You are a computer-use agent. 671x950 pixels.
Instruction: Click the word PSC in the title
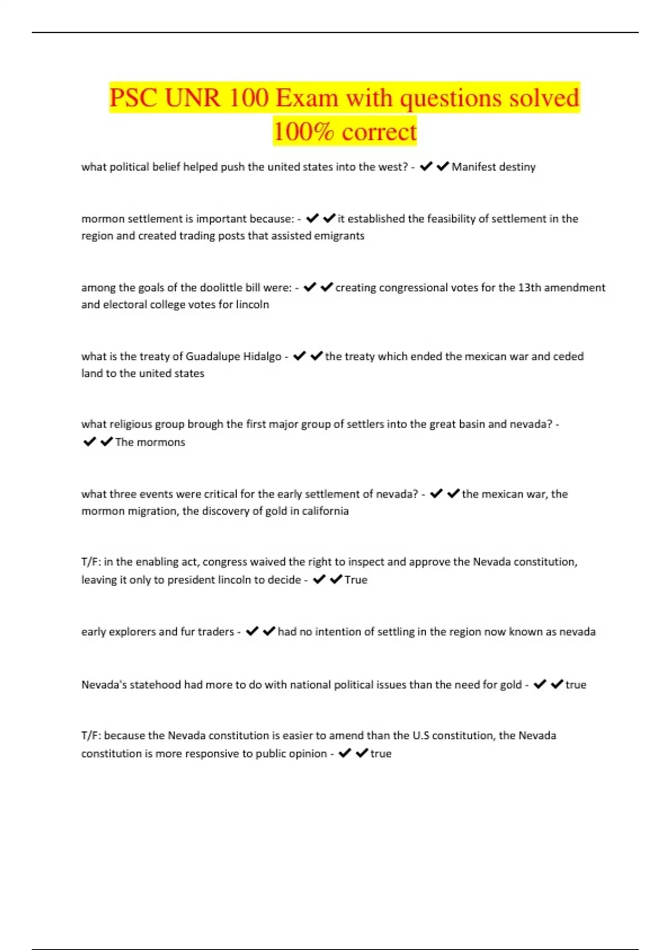tap(134, 98)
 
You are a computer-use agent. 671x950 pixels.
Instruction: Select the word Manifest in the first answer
tap(472, 167)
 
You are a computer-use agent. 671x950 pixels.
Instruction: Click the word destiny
tap(517, 167)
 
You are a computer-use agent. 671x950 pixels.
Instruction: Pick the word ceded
tap(568, 357)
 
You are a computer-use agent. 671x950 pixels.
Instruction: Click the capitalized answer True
tap(356, 580)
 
